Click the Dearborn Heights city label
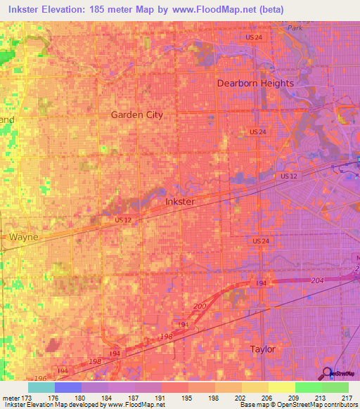(255, 82)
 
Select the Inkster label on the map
(179, 201)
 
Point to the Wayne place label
(23, 238)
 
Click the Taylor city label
(263, 349)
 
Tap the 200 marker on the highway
(199, 307)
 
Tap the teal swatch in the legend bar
(41, 387)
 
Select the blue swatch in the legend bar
(67, 387)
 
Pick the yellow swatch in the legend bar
(281, 387)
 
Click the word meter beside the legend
(11, 397)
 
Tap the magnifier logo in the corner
(327, 374)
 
